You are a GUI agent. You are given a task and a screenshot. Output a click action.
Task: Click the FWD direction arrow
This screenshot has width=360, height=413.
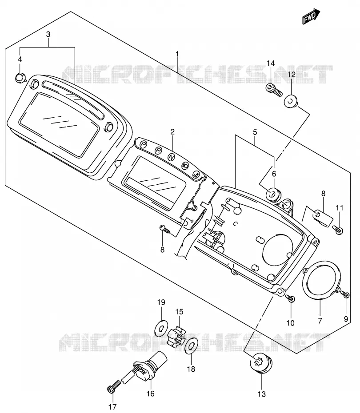[311, 16]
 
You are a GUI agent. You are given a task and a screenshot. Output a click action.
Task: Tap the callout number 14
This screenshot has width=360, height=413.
[270, 63]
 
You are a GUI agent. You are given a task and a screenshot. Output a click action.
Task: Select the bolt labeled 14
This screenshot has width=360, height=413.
[274, 90]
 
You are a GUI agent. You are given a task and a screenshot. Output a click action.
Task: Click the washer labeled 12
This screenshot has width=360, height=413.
[290, 101]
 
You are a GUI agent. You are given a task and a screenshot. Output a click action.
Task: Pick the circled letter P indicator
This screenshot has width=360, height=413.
[144, 144]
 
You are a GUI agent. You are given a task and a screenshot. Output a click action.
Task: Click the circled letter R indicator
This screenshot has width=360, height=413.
[158, 151]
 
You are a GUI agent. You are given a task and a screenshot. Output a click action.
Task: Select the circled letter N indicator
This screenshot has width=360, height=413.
[172, 157]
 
